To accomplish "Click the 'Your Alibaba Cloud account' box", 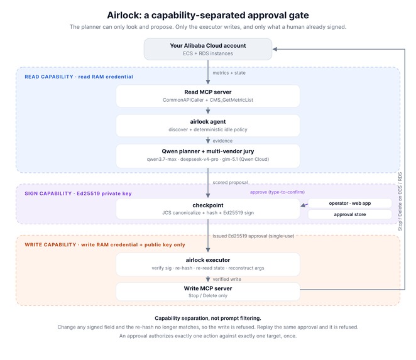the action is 208,49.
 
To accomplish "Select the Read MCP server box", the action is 208,95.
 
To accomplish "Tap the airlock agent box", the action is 208,126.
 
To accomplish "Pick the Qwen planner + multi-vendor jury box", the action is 208,156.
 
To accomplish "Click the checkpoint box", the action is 208,209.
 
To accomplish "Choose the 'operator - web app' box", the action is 349,203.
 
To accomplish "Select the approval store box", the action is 349,214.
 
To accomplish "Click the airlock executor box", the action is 208,265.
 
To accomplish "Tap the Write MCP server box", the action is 208,292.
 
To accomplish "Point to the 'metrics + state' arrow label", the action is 229,73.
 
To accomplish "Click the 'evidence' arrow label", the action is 222,141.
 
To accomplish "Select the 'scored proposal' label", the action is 230,183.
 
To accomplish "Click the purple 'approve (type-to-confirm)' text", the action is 277,192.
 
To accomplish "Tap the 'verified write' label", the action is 227,279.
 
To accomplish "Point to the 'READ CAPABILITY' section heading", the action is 49,77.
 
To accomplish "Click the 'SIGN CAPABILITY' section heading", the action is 48,194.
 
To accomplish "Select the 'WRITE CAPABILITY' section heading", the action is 50,244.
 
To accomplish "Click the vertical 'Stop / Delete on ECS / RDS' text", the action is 400,201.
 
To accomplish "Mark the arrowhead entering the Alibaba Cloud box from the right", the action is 275,49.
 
